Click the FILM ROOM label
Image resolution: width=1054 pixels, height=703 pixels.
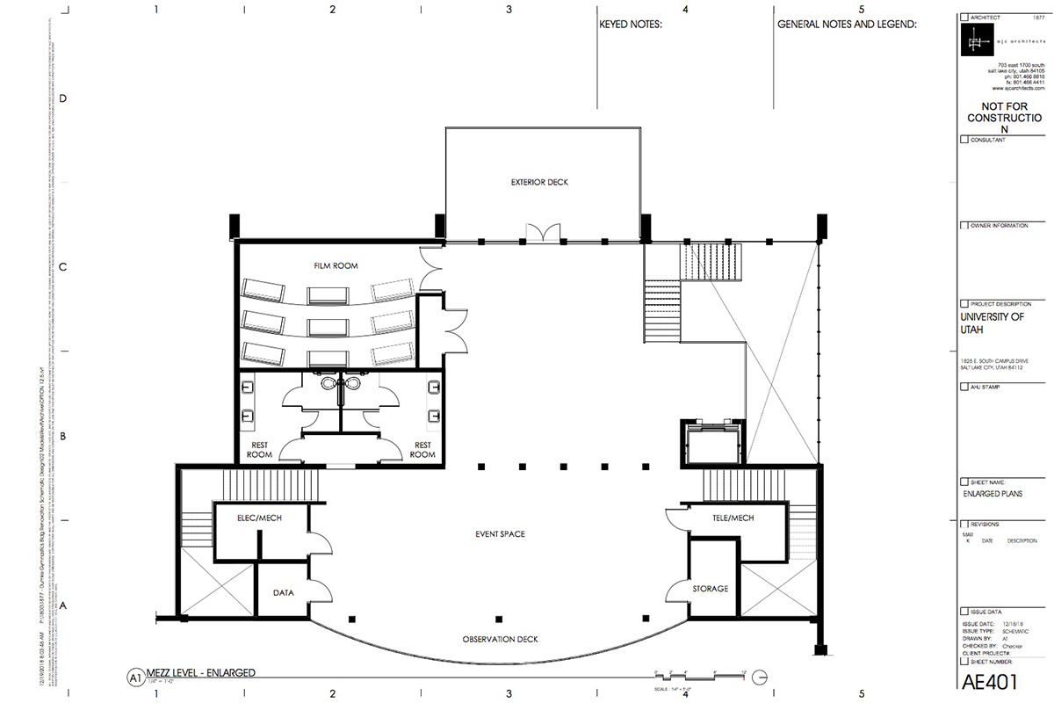click(336, 265)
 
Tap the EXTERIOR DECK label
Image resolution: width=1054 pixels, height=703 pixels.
click(539, 183)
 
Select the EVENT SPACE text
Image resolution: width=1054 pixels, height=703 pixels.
click(500, 533)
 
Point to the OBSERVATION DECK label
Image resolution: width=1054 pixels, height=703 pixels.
click(500, 639)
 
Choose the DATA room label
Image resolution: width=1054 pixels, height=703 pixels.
click(283, 592)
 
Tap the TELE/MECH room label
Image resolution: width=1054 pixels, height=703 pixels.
click(733, 518)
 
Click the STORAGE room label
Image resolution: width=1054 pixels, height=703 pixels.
click(711, 588)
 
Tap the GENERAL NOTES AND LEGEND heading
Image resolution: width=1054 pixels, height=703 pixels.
click(847, 25)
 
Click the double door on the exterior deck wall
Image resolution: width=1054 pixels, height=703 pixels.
click(542, 232)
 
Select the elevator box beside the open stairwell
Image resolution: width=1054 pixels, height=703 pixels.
click(712, 443)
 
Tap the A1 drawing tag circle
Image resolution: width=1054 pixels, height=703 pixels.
click(135, 678)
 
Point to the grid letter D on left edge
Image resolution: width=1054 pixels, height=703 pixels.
click(62, 98)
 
